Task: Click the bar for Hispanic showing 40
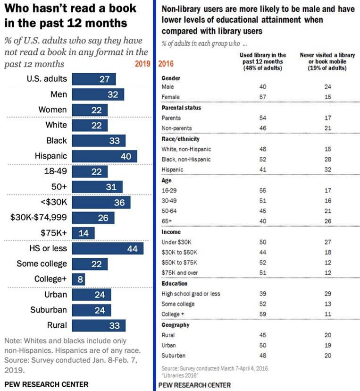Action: (x=104, y=156)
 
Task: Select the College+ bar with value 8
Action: (x=78, y=279)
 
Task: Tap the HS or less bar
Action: (x=108, y=248)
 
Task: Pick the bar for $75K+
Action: (x=83, y=233)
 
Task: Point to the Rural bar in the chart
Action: (x=99, y=325)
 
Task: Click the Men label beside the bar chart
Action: (x=59, y=94)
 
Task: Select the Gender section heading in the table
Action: (x=171, y=78)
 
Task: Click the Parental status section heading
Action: (x=181, y=108)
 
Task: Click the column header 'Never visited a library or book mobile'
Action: (x=324, y=62)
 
